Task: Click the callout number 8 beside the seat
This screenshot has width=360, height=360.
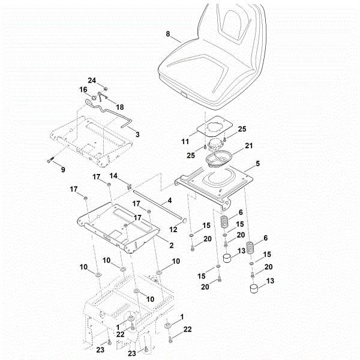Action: [168, 34]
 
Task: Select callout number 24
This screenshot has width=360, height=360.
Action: [92, 80]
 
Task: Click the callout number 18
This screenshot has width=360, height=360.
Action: [120, 107]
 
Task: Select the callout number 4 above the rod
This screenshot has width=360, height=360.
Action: [170, 200]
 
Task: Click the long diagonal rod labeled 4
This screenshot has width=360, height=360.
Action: [157, 207]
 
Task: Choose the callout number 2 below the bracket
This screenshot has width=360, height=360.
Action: [171, 245]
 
